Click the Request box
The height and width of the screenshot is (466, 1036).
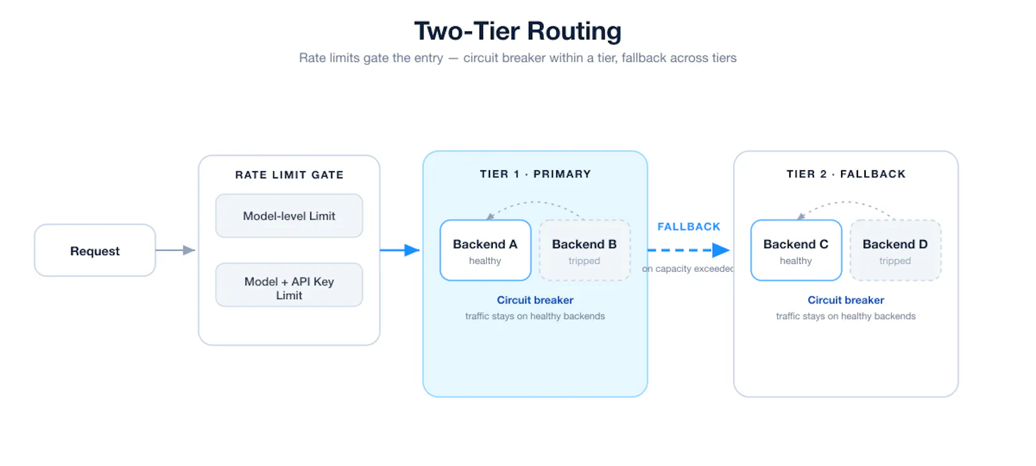pyautogui.click(x=95, y=250)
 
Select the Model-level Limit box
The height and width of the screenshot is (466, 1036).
pyautogui.click(x=289, y=216)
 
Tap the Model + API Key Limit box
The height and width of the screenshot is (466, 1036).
pyautogui.click(x=289, y=285)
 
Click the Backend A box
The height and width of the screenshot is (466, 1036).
pyautogui.click(x=485, y=250)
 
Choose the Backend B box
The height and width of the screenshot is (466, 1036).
pyautogui.click(x=585, y=250)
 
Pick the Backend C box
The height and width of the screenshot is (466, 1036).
pyautogui.click(x=796, y=250)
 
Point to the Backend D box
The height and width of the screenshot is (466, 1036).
pyautogui.click(x=895, y=250)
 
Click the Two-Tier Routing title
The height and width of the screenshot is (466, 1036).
pyautogui.click(x=517, y=31)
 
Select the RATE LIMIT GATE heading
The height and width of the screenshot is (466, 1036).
pyautogui.click(x=289, y=175)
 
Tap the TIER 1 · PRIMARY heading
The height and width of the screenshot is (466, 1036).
pyautogui.click(x=535, y=174)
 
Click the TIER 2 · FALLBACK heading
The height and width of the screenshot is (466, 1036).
pyautogui.click(x=846, y=174)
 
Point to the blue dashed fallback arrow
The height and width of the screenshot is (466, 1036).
pyautogui.click(x=689, y=250)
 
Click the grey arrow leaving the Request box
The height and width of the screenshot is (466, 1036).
pyautogui.click(x=175, y=250)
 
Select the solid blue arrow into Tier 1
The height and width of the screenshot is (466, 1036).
pyautogui.click(x=400, y=250)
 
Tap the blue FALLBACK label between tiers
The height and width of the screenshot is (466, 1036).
pyautogui.click(x=689, y=227)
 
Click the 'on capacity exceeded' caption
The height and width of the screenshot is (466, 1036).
pyautogui.click(x=688, y=269)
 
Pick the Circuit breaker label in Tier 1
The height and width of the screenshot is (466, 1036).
pyautogui.click(x=535, y=300)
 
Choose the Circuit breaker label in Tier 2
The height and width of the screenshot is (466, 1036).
pyautogui.click(x=846, y=300)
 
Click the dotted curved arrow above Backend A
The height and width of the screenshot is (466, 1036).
pyautogui.click(x=535, y=202)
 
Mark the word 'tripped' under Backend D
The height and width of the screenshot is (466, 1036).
pyautogui.click(x=895, y=261)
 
